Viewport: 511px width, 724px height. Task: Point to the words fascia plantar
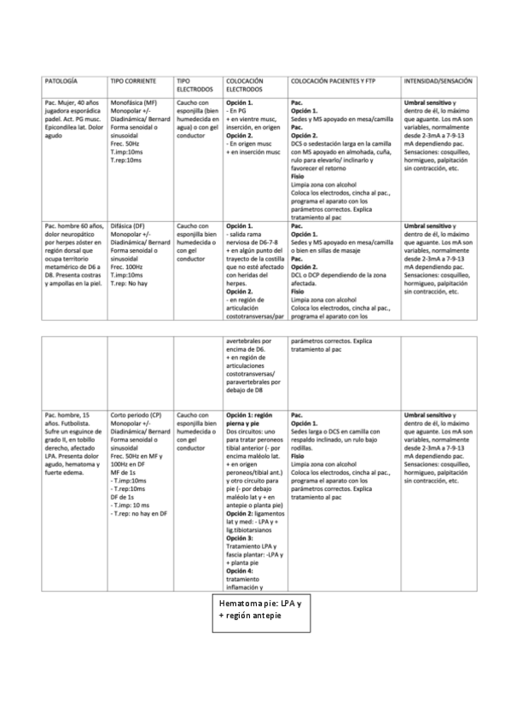247,553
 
